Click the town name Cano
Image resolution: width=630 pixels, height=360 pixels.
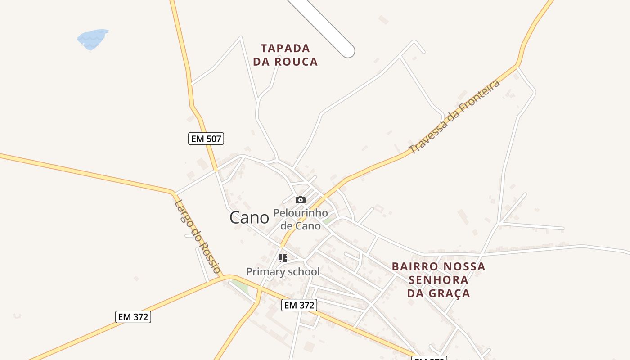(249, 218)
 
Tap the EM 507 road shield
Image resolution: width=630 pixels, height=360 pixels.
(206, 139)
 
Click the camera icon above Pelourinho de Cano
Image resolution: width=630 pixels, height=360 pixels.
(301, 200)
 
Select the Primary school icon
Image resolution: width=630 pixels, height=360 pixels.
(283, 258)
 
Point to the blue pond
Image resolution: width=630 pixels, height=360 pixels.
(93, 39)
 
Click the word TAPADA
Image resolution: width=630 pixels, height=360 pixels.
(285, 48)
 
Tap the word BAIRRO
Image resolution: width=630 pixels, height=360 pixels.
(414, 266)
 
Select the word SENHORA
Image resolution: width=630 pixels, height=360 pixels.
(438, 280)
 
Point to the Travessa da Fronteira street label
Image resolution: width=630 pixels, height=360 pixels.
(454, 117)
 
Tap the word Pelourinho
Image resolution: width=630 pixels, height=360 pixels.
(301, 212)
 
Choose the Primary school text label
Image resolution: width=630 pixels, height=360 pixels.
(283, 272)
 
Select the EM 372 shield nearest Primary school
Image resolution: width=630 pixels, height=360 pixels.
(299, 305)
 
